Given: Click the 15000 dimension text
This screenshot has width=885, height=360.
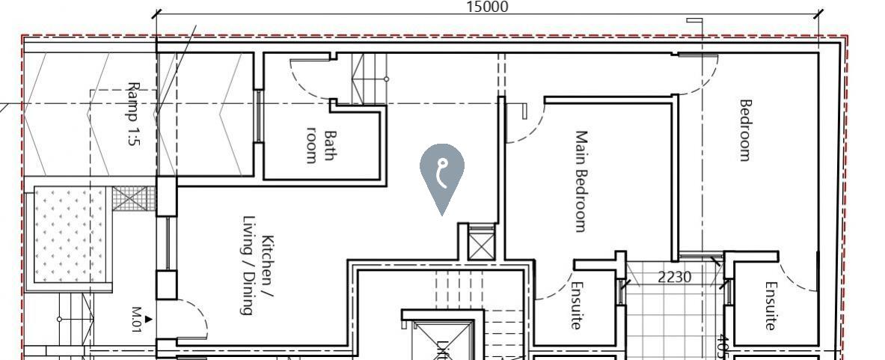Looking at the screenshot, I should (487, 7).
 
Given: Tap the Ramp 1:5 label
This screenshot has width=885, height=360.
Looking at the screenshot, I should (133, 113).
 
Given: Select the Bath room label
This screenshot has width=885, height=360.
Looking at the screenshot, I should (322, 147).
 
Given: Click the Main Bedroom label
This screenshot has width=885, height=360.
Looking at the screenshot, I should (580, 181).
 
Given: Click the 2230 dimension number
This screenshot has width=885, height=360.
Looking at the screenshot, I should (675, 277).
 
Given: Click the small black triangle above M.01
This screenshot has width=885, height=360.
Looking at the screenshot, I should (148, 320).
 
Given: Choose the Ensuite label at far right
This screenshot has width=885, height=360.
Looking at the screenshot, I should (771, 305).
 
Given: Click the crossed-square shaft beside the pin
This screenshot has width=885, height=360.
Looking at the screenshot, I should (481, 246).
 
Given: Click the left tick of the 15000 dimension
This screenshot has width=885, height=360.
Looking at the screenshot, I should (156, 13).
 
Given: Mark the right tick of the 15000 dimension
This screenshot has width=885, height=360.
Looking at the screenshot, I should (818, 13).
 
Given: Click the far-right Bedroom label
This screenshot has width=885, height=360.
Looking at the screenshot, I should (744, 130).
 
